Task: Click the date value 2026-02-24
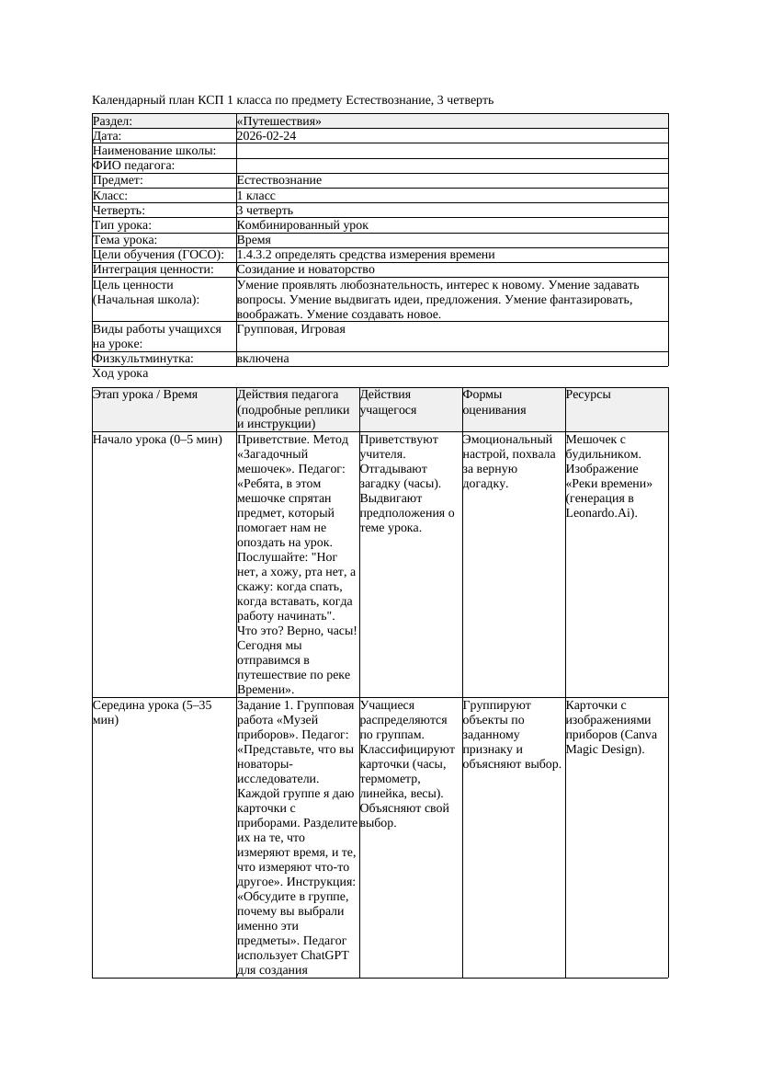click(267, 136)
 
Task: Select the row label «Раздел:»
click(113, 121)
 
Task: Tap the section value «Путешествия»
click(279, 121)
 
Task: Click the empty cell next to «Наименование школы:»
click(451, 151)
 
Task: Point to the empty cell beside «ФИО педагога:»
click(451, 166)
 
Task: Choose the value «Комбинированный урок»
click(302, 225)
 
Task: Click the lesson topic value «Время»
click(254, 240)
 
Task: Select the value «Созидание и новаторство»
click(305, 269)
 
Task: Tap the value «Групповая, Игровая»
click(290, 329)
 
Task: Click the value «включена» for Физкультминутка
click(263, 359)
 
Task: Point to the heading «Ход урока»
click(120, 373)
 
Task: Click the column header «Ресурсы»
click(588, 395)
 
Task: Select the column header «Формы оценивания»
click(494, 402)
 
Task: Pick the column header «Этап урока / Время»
click(145, 395)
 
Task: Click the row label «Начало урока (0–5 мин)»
click(157, 440)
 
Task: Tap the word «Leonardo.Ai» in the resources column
click(598, 513)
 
